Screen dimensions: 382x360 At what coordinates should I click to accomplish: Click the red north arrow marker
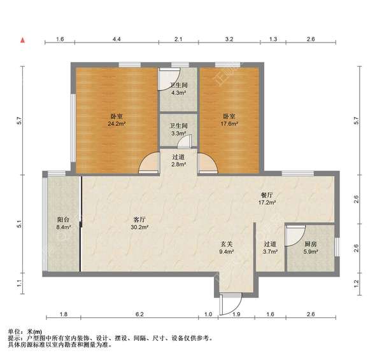[23, 40]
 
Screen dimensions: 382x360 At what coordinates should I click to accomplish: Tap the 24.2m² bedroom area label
[117, 120]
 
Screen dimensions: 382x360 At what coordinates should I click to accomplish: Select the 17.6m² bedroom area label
[229, 120]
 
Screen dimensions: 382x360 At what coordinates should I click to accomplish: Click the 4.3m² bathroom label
[178, 89]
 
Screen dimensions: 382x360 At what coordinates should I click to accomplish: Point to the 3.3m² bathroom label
[178, 130]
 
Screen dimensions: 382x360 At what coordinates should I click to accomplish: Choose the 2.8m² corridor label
[178, 161]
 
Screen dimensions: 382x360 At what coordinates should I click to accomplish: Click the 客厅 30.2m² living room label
[139, 223]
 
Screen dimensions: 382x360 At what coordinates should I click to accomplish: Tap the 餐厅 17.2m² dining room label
[267, 198]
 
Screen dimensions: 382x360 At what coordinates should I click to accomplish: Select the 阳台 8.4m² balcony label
[63, 223]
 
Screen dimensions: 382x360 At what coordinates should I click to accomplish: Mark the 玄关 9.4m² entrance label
[227, 247]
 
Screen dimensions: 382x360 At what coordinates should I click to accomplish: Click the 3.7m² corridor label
[270, 247]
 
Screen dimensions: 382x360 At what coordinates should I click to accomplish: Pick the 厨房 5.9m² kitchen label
[311, 247]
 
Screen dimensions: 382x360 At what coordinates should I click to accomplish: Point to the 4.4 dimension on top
[117, 39]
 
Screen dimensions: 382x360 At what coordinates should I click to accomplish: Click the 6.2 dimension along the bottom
[139, 314]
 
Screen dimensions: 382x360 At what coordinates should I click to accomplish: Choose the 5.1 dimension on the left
[20, 224]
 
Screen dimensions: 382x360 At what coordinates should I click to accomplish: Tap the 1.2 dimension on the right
[356, 283]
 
